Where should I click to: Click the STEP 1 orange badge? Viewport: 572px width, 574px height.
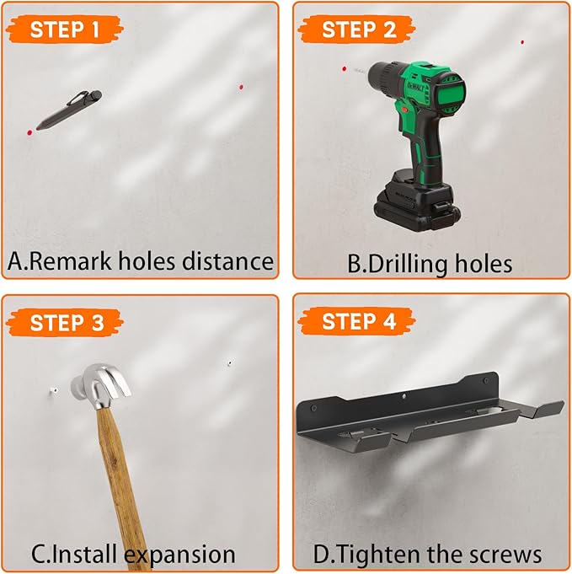pos(64,30)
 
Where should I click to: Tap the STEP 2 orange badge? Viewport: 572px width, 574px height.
pos(357,30)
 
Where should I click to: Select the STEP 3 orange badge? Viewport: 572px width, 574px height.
pos(65,323)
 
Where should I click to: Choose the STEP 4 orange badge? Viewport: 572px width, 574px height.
pos(357,321)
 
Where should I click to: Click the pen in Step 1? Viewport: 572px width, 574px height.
pos(69,110)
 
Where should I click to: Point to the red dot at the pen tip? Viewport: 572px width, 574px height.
pos(29,132)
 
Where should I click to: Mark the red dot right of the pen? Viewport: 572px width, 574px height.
pos(241,87)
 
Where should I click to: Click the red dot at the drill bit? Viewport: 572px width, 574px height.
pos(344,68)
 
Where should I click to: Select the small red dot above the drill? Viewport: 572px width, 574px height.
pos(522,42)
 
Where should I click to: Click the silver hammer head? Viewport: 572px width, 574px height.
pos(100,385)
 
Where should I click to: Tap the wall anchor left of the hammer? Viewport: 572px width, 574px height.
pos(53,391)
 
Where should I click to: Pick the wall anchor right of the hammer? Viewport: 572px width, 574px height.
pos(229,363)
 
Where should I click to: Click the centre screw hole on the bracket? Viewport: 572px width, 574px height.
pos(404,395)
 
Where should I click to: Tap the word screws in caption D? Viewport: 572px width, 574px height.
pos(505,555)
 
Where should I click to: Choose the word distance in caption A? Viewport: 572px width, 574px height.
pos(227,260)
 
